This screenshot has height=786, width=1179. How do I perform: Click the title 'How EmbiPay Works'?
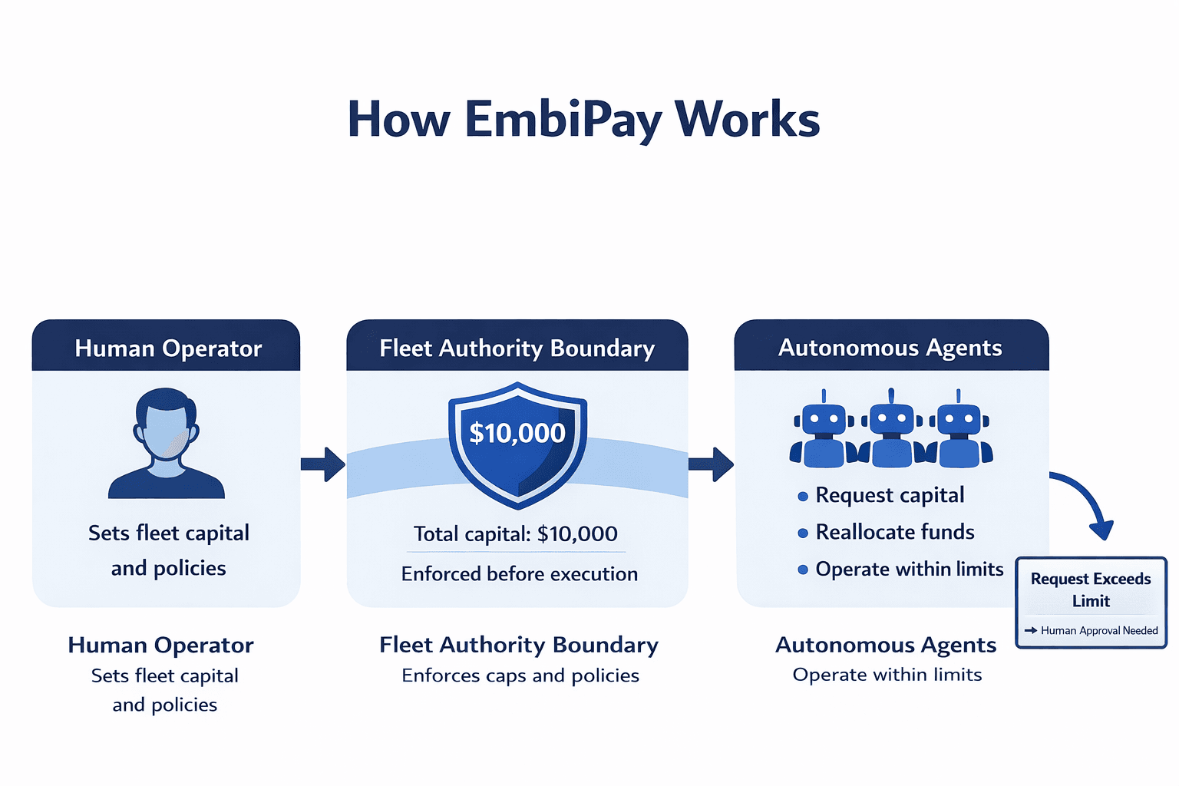click(583, 120)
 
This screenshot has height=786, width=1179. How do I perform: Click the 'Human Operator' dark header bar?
click(167, 348)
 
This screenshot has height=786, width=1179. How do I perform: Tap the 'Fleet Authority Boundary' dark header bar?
click(517, 348)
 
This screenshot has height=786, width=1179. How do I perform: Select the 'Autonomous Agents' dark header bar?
click(890, 348)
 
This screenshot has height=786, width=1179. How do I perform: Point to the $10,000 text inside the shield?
click(517, 433)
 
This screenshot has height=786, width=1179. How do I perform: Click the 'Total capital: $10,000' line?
click(516, 533)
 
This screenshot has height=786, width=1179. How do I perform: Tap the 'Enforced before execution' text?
click(519, 573)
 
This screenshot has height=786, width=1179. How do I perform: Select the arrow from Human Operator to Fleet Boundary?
click(322, 464)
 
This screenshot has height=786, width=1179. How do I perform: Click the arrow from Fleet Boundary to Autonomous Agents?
click(711, 464)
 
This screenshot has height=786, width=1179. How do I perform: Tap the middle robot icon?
click(891, 430)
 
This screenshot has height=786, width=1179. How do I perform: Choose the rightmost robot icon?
click(959, 430)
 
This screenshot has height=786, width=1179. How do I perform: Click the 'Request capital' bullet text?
click(890, 495)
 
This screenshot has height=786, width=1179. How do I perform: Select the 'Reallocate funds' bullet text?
click(894, 532)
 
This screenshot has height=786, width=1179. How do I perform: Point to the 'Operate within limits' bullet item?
click(909, 569)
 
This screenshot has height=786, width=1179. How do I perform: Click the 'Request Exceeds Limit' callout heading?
click(1091, 589)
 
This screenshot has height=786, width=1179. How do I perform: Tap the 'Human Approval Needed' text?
click(1098, 630)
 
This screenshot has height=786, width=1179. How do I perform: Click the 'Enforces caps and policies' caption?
click(520, 675)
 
